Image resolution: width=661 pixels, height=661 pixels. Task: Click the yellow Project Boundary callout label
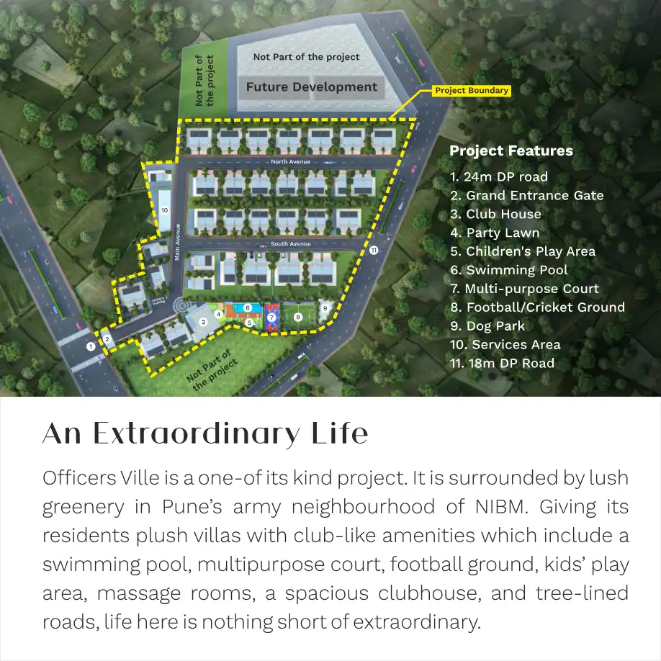[472, 91]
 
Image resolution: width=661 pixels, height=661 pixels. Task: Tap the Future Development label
[312, 87]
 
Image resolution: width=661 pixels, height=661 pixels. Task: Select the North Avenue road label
[290, 162]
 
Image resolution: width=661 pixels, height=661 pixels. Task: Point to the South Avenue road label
[290, 244]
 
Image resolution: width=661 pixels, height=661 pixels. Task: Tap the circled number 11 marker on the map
[373, 251]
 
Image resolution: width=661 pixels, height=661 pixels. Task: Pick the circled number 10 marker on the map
[165, 210]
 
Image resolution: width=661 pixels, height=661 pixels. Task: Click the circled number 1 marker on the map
[91, 346]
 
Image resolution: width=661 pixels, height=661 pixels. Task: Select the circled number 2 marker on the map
[107, 339]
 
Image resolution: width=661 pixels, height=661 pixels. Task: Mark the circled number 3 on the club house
[203, 322]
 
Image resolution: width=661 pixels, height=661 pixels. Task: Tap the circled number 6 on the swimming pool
[247, 307]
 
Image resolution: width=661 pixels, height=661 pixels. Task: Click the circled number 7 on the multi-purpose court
[271, 317]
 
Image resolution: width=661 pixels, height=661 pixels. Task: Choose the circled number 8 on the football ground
[297, 317]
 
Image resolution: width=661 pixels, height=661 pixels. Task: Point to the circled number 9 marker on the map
[325, 307]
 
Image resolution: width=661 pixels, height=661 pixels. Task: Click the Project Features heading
[511, 151]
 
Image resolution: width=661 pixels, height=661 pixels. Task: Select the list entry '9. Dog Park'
[487, 325]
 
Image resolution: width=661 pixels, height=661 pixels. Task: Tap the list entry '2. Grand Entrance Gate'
[526, 195]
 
